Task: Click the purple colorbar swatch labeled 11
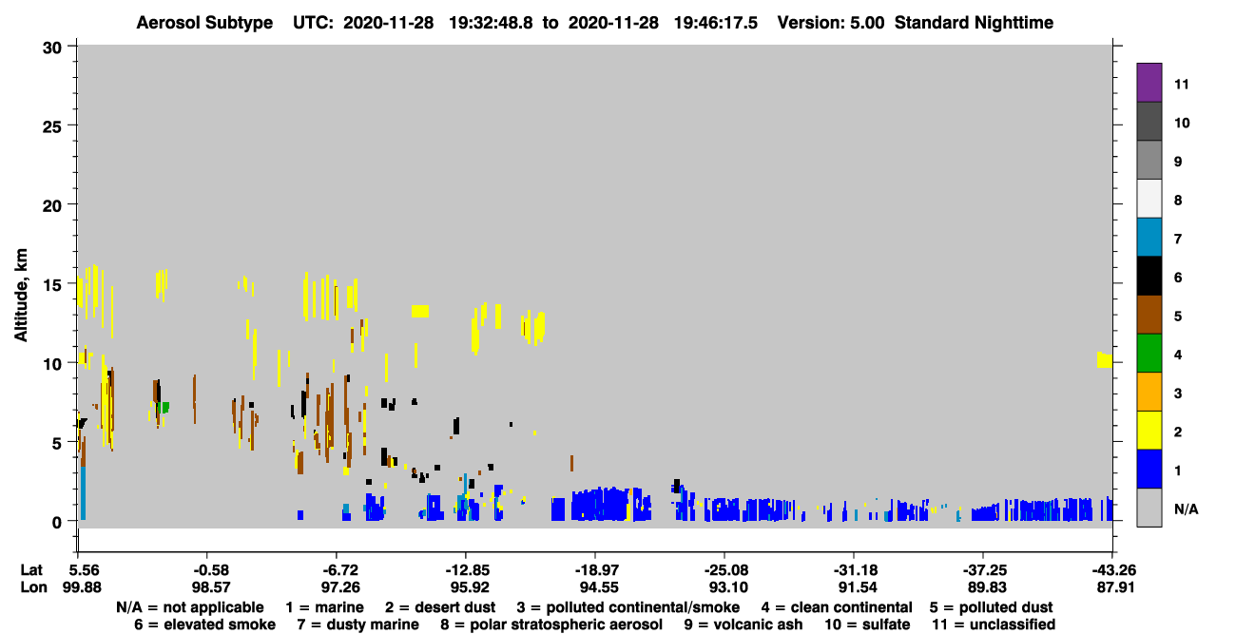pyautogui.click(x=1149, y=83)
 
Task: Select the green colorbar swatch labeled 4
pyautogui.click(x=1149, y=354)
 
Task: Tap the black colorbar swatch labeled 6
pyautogui.click(x=1149, y=276)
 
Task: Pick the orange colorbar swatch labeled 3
pyautogui.click(x=1149, y=392)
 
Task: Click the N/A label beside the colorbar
pyautogui.click(x=1186, y=509)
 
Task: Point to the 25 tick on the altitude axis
pyautogui.click(x=53, y=127)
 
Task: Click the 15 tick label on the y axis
pyautogui.click(x=53, y=285)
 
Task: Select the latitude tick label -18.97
pyautogui.click(x=596, y=570)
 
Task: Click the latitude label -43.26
pyautogui.click(x=1113, y=570)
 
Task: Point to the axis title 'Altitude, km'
pyautogui.click(x=21, y=296)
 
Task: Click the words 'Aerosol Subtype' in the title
pyautogui.click(x=204, y=23)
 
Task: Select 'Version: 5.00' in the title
pyautogui.click(x=831, y=23)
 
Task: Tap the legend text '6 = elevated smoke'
pyautogui.click(x=205, y=624)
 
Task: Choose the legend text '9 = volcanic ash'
pyautogui.click(x=744, y=624)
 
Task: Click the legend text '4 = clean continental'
pyautogui.click(x=837, y=607)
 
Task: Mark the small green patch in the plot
pyautogui.click(x=164, y=408)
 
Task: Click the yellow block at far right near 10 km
pyautogui.click(x=1104, y=359)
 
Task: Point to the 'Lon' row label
pyautogui.click(x=33, y=587)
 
